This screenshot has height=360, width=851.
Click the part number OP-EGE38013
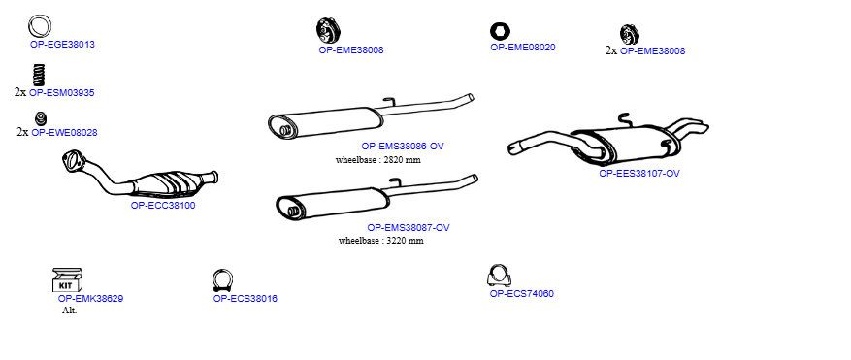click(x=62, y=44)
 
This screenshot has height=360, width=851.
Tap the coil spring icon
click(x=39, y=75)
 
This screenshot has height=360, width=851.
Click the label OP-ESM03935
click(x=61, y=93)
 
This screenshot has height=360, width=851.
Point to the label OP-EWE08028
click(x=64, y=133)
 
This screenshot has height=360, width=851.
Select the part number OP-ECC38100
click(x=163, y=206)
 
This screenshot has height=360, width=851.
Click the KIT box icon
click(x=67, y=279)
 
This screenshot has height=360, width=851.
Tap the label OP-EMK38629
click(x=90, y=299)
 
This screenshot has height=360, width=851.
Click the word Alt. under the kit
click(x=70, y=311)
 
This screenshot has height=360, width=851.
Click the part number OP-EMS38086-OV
click(x=403, y=147)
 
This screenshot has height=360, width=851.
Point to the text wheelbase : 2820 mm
click(x=378, y=160)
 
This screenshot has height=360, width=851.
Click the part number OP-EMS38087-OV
click(x=409, y=227)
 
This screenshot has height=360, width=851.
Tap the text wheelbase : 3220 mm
click(x=381, y=240)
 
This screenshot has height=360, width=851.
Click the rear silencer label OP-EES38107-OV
click(x=639, y=174)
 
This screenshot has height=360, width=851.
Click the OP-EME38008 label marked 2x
click(x=652, y=51)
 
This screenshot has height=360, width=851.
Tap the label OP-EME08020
click(x=523, y=48)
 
